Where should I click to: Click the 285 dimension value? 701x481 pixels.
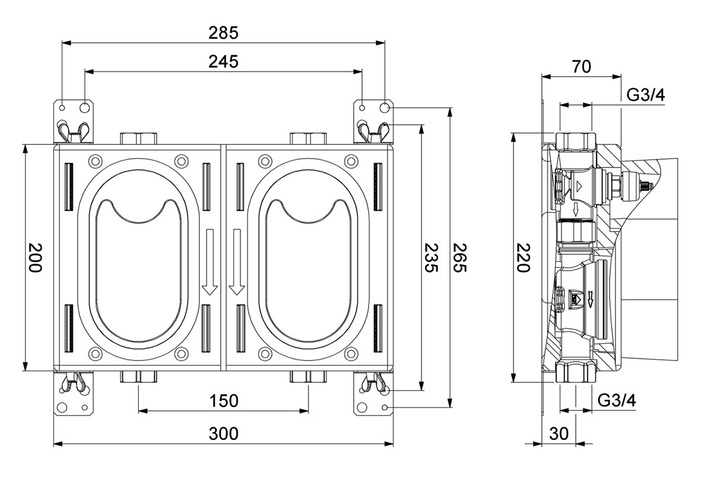tap(223, 33)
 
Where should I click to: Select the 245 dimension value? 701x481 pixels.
tap(223, 61)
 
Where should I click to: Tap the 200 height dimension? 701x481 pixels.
tap(36, 258)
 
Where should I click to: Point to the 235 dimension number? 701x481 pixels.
tap(432, 258)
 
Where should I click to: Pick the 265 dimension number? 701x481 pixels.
tap(461, 258)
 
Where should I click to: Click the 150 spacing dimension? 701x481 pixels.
tap(223, 401)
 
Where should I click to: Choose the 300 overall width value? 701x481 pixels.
tap(223, 434)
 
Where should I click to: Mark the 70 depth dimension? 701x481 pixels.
tap(582, 67)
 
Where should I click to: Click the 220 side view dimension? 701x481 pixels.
tap(523, 258)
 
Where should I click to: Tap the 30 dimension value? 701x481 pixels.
tap(559, 434)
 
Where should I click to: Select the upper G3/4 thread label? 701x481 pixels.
tap(645, 96)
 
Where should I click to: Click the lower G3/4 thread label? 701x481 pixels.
tap(617, 401)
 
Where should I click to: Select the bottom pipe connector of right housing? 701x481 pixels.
tap(308, 376)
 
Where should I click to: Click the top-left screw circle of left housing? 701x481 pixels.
tap(95, 160)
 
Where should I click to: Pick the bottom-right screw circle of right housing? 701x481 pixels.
tap(351, 354)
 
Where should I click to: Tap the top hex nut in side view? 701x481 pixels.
tap(576, 142)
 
